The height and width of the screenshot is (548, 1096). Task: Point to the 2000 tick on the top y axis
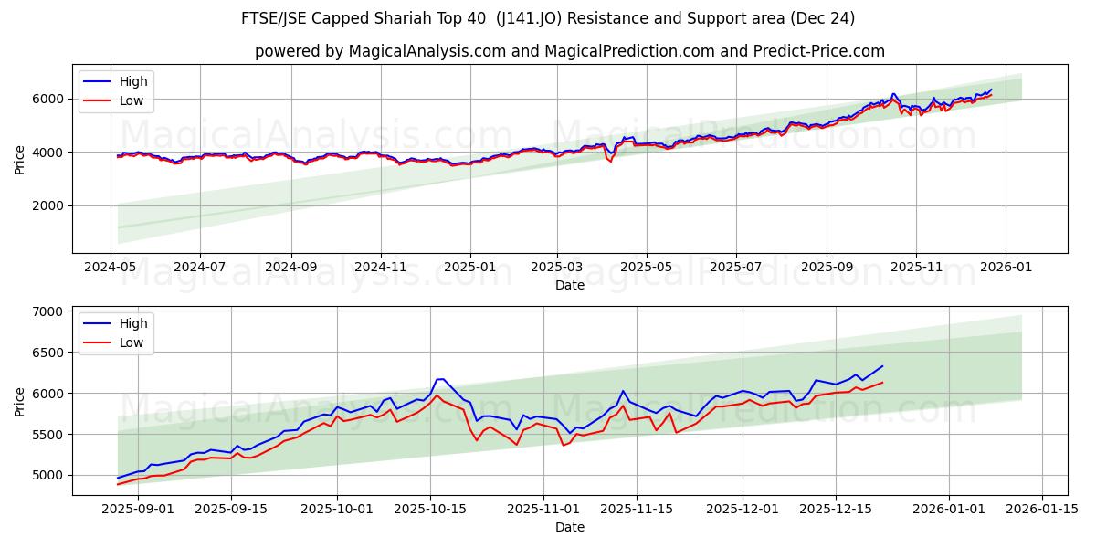click(47, 205)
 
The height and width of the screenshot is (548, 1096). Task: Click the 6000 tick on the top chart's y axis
click(47, 99)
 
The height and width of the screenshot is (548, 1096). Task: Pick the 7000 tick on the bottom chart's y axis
click(47, 311)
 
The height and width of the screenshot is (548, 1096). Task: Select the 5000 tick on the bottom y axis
click(47, 475)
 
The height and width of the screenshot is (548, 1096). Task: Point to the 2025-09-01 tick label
click(138, 508)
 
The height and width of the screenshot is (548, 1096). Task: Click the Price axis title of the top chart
click(20, 159)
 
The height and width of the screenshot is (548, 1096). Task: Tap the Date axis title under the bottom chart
click(569, 527)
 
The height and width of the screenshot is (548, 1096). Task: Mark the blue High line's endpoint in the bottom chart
click(882, 366)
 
